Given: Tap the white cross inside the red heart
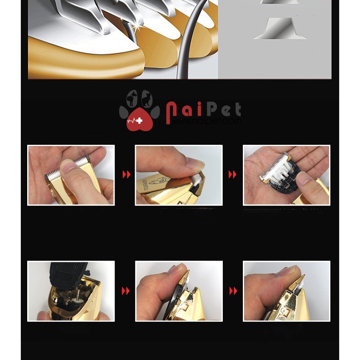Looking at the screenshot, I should [139, 121].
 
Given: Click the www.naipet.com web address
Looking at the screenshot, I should [206, 121].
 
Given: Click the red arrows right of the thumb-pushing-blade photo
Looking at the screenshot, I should [127, 174].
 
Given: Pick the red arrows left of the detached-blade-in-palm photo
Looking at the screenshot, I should [232, 174].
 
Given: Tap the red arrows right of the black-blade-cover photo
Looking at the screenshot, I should [126, 291].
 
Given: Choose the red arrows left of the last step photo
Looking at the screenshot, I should [233, 291].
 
